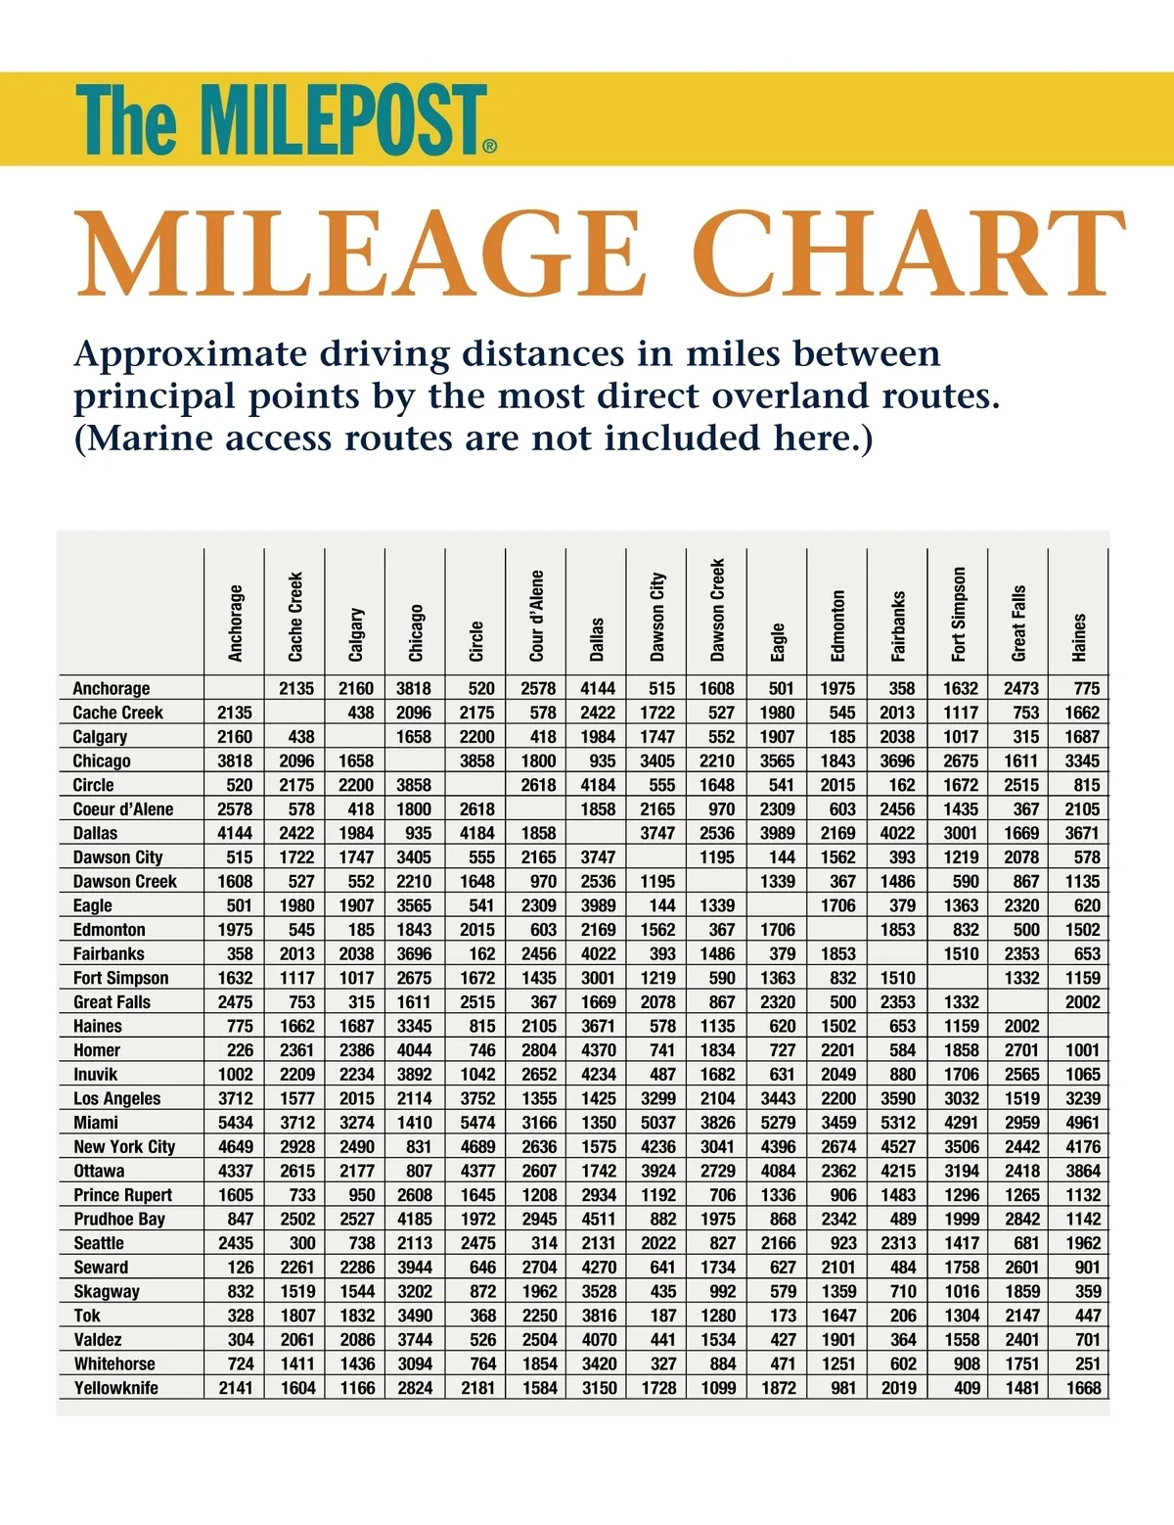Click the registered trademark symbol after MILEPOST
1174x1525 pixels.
pos(490,147)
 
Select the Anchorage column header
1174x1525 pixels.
pos(236,623)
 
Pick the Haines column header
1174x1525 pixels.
pos(1079,637)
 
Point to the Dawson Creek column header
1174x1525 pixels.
pos(718,609)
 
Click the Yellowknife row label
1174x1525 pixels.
pos(115,1387)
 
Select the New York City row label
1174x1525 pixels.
pos(124,1146)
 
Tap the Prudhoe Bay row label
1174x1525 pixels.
pos(119,1219)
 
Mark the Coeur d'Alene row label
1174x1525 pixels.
pos(123,809)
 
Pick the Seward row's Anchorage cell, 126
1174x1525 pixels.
pos(240,1267)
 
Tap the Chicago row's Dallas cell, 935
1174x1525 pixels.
pos(602,761)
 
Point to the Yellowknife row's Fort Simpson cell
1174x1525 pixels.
pos(967,1387)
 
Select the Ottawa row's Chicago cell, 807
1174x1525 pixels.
pos(418,1171)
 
